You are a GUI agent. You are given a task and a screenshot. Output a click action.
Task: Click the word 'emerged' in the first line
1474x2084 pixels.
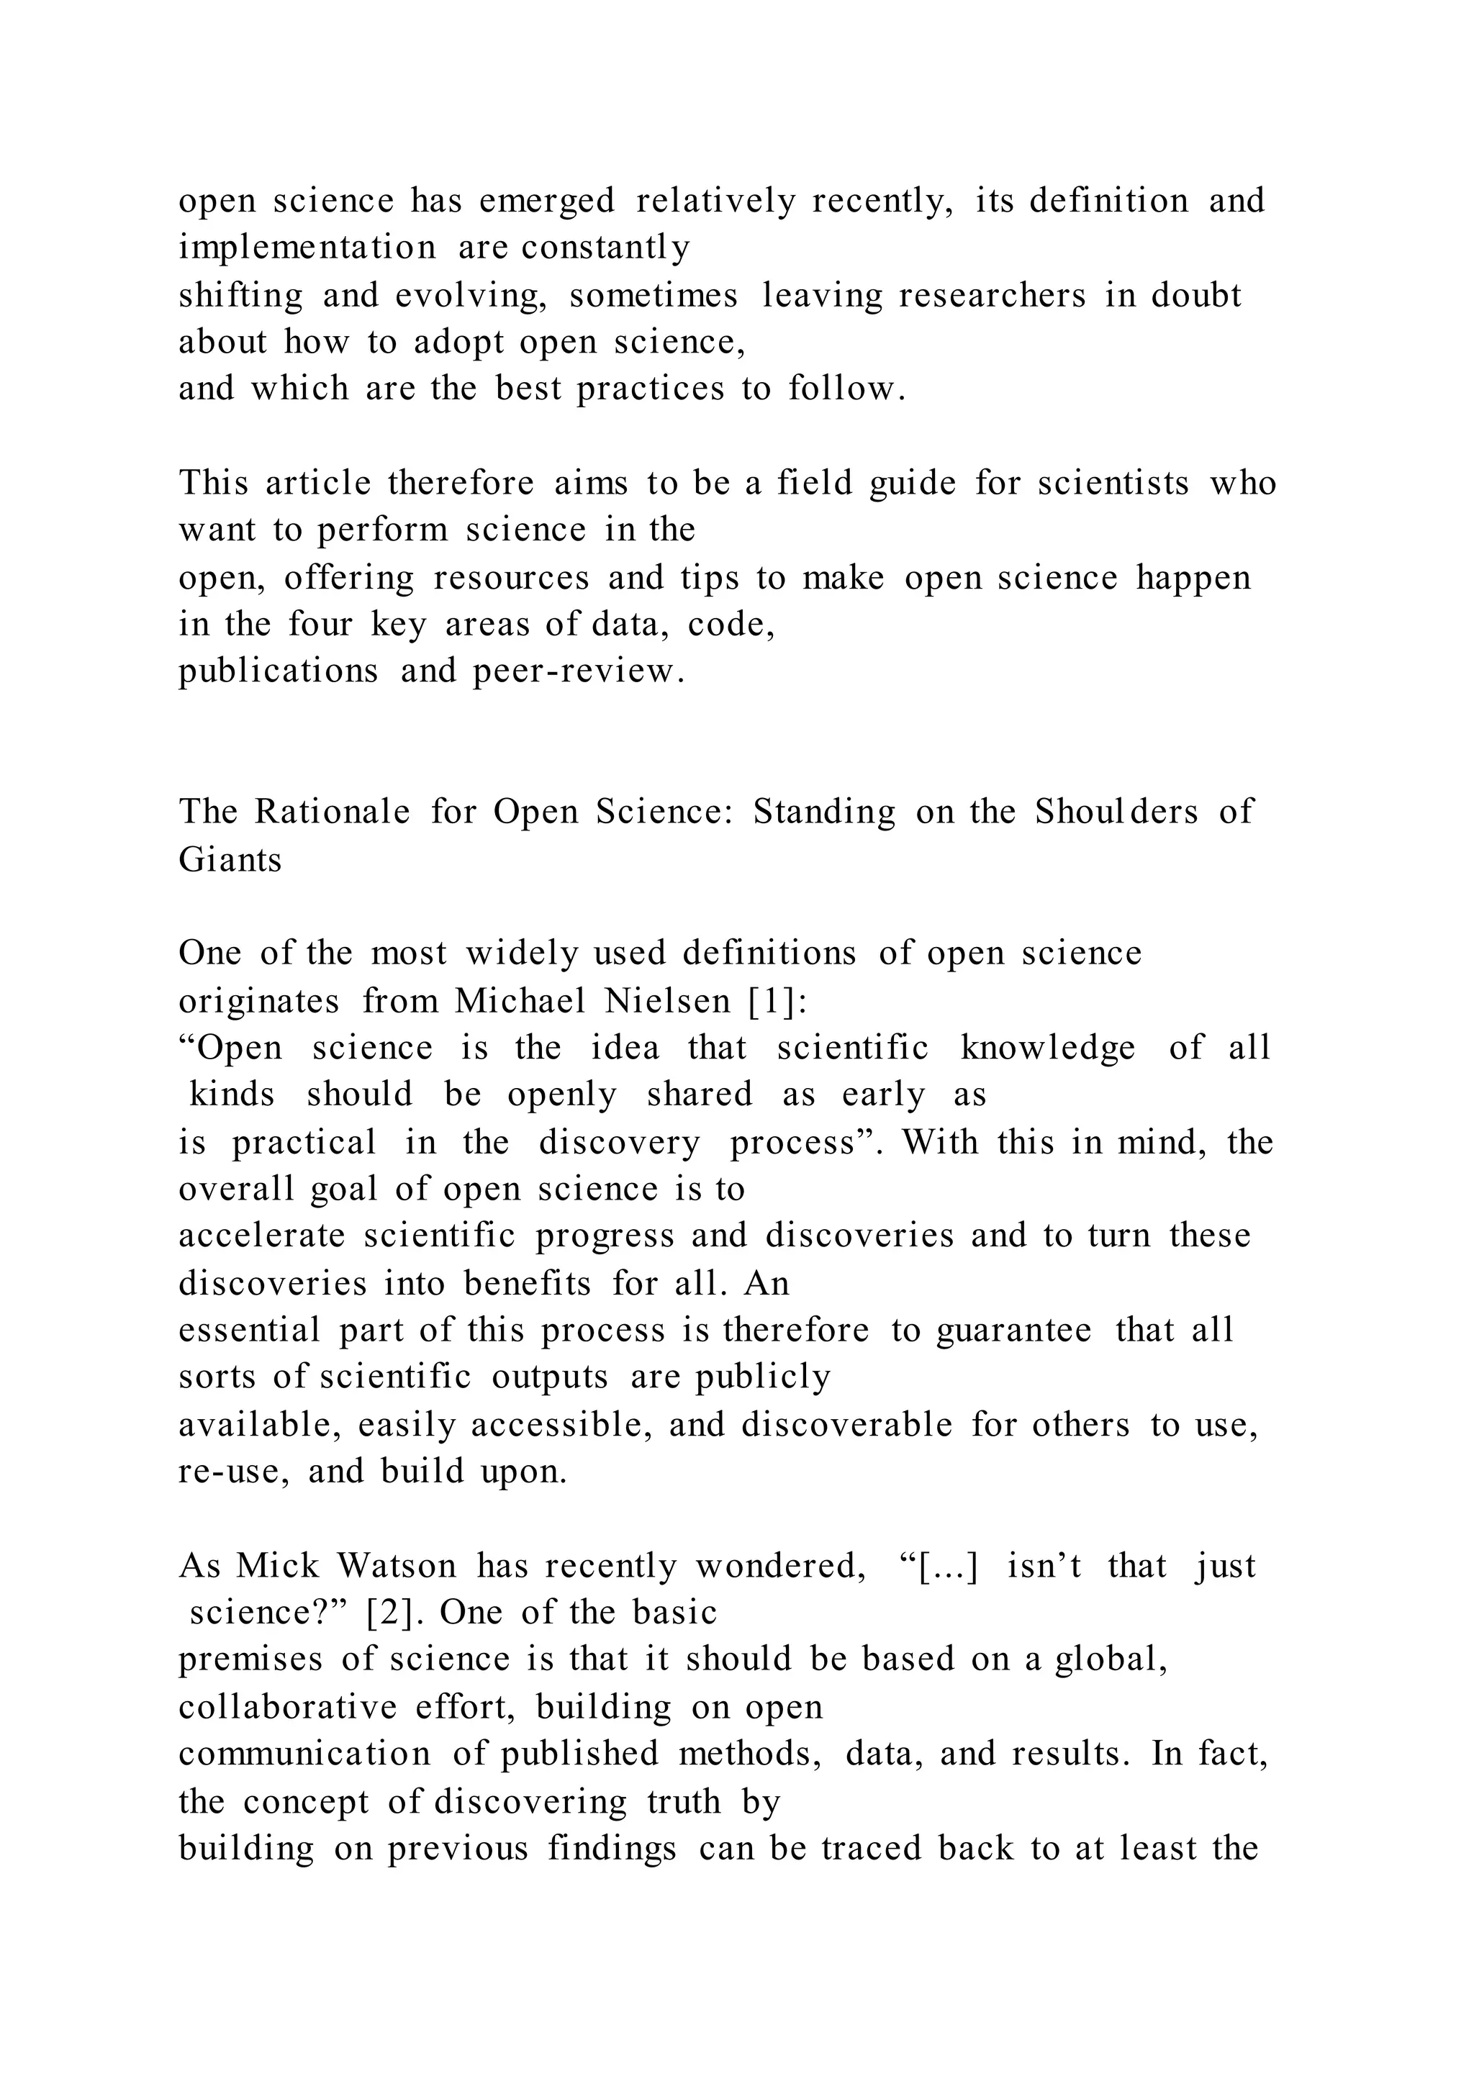546,201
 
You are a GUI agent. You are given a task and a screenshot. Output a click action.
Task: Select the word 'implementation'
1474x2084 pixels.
307,248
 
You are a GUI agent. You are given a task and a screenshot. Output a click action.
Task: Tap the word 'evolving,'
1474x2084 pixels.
471,296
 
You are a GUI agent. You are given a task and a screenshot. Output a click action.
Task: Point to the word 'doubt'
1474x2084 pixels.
1196,296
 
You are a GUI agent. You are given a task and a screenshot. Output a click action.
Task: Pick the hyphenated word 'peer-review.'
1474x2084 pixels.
578,671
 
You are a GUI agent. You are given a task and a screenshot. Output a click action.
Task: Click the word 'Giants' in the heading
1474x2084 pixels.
230,858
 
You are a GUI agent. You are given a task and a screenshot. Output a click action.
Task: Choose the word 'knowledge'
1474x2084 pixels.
1047,1048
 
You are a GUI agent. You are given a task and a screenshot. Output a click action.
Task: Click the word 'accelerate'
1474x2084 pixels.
261,1236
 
